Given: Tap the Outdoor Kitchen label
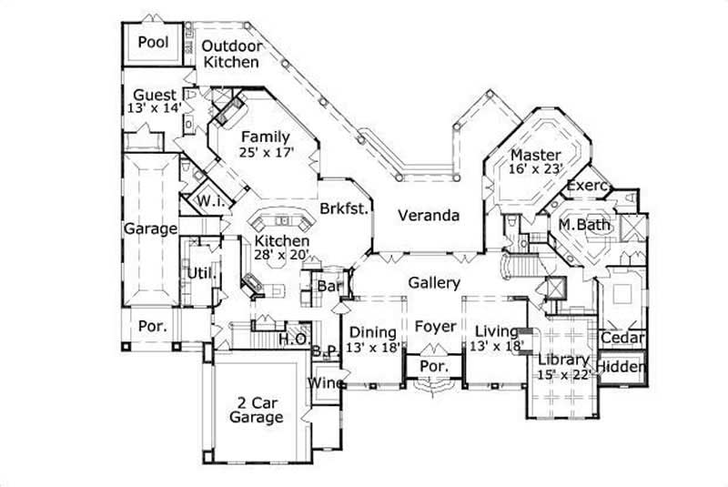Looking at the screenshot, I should [231, 55].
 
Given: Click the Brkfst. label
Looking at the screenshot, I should [344, 208].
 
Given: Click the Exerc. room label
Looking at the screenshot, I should [588, 186].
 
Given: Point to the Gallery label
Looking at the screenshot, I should [433, 283].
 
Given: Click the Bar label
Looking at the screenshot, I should [328, 286].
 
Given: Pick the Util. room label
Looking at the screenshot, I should [199, 272].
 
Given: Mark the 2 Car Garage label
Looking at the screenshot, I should [256, 411].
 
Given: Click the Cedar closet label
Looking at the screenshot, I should [622, 339].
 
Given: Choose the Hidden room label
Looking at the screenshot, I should [622, 368].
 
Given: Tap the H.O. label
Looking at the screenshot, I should [291, 340].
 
